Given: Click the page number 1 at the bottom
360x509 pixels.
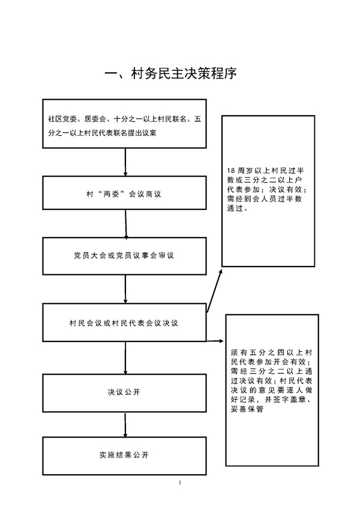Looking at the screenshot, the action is click(180, 483).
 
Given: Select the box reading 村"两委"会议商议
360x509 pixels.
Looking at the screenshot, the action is click(124, 193).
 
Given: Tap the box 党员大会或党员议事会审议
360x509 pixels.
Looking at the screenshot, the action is click(124, 256).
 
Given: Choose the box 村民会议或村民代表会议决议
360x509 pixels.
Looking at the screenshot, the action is click(124, 323).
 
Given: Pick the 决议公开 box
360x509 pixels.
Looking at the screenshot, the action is click(124, 393).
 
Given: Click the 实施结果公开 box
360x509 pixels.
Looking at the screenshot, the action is click(124, 456).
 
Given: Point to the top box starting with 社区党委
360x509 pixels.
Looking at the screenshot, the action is click(124, 124).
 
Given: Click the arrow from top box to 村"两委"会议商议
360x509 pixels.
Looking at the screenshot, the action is click(125, 162).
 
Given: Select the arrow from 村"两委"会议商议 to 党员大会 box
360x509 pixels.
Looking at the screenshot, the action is click(125, 224).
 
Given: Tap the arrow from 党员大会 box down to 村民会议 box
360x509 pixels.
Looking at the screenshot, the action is click(125, 289).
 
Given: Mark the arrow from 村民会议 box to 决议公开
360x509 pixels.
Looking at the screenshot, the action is click(125, 358).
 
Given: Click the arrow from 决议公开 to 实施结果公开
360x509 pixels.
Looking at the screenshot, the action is click(125, 424).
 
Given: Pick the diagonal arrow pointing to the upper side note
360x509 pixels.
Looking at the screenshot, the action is click(215, 291).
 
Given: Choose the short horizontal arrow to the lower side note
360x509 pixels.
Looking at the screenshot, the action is click(215, 341).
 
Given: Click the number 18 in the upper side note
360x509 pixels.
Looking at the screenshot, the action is click(231, 170).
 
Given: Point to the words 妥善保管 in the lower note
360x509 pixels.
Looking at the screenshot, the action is click(247, 409).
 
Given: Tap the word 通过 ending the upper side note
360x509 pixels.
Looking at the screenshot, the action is click(235, 208).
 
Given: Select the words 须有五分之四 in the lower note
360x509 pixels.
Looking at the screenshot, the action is click(254, 352).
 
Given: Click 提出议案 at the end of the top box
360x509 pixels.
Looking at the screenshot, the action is click(142, 133).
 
